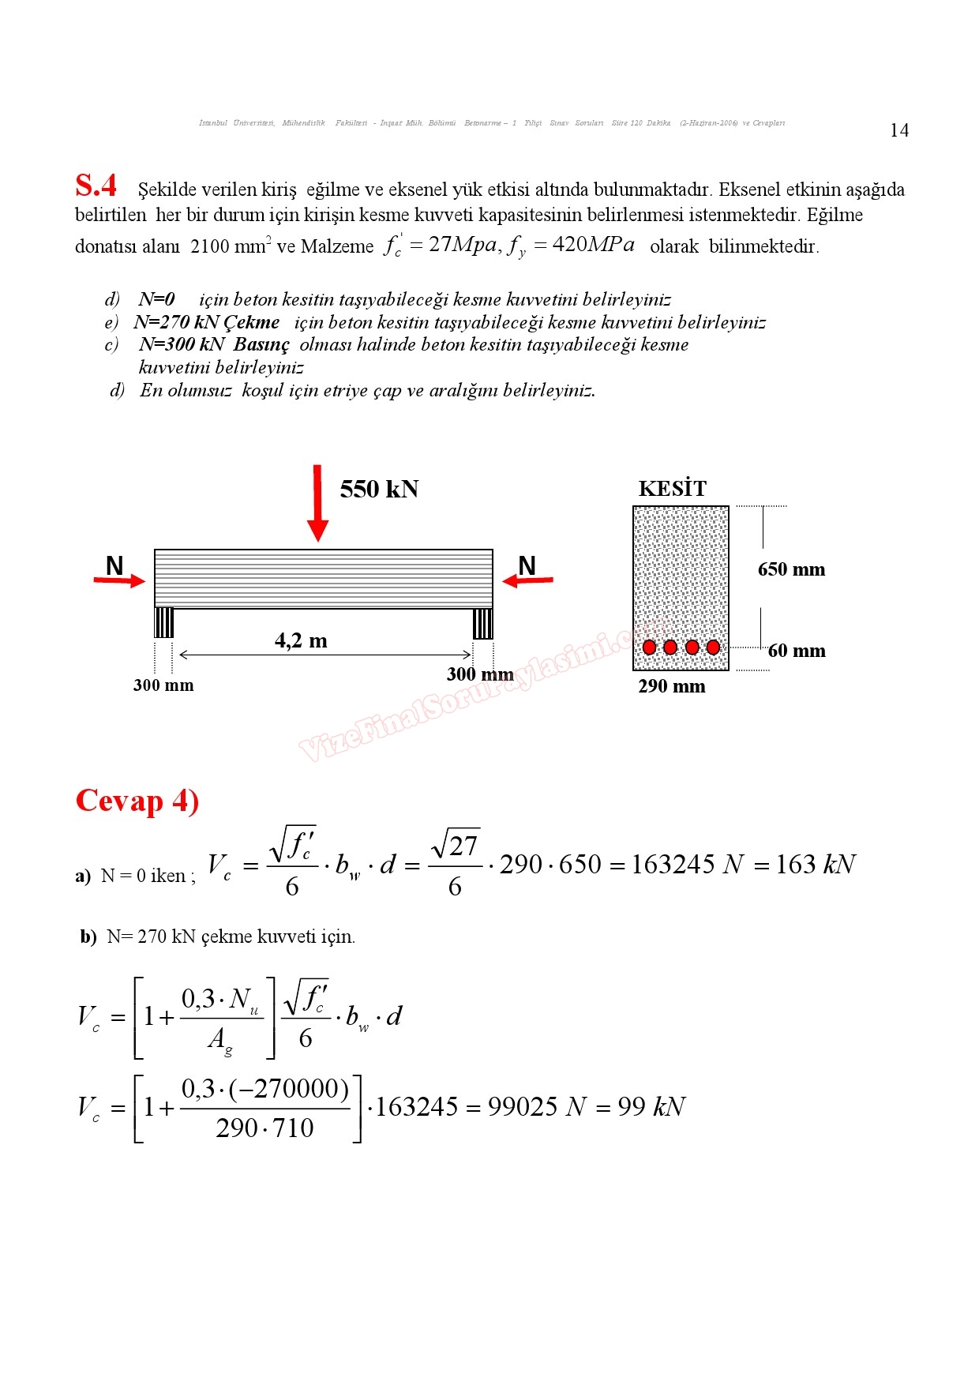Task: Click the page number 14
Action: (x=899, y=130)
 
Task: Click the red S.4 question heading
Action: (x=96, y=186)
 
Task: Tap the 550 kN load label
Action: (x=379, y=490)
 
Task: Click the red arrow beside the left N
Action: (x=119, y=581)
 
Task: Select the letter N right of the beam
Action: (x=527, y=565)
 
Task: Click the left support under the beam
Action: (x=164, y=622)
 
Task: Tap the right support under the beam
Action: (x=482, y=623)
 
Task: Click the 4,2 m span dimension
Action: (x=301, y=640)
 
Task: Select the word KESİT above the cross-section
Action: (x=672, y=489)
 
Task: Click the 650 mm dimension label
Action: (x=791, y=569)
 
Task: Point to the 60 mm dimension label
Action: (x=797, y=651)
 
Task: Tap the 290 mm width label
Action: (x=672, y=686)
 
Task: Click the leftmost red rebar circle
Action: (x=650, y=647)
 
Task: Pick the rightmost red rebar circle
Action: (x=713, y=647)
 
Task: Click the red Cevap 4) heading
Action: (x=137, y=801)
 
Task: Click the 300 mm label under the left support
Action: (x=163, y=685)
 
